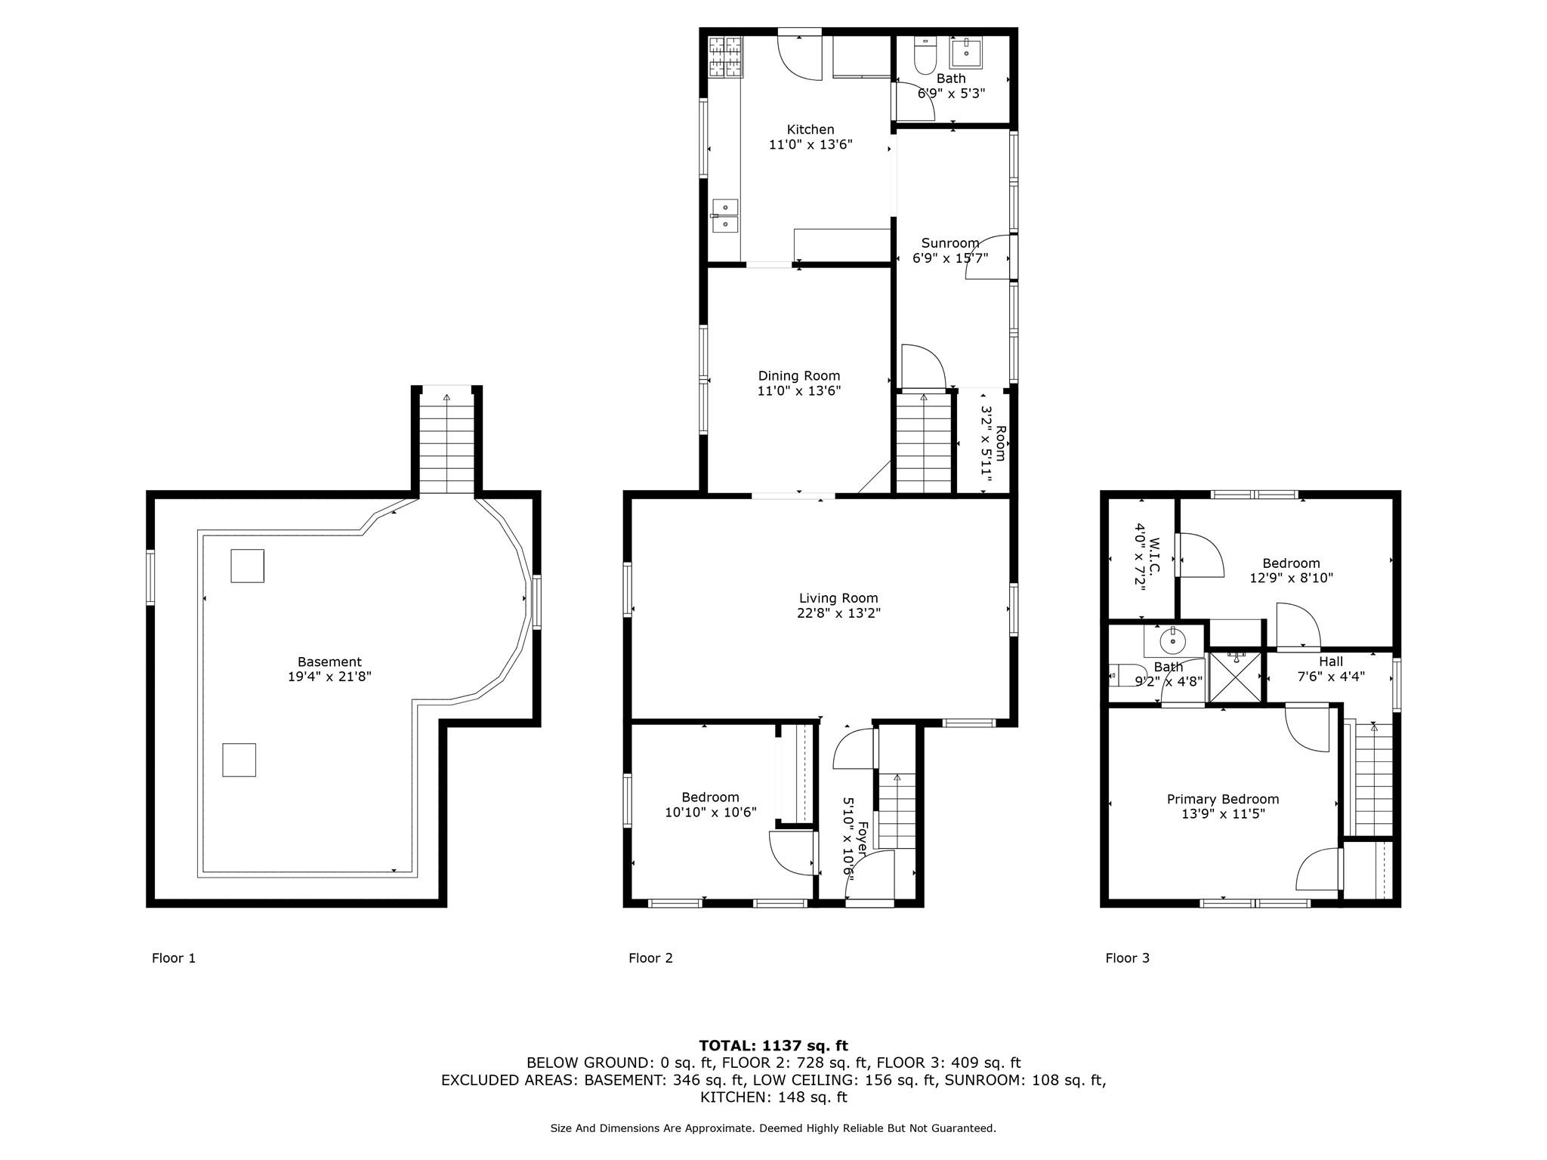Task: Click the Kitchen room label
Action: [x=811, y=130]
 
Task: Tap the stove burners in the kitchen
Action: [x=724, y=57]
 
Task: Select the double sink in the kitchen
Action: [x=725, y=215]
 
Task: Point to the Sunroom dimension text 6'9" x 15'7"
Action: [x=950, y=258]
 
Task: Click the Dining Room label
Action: [x=799, y=376]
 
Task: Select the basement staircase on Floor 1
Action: [x=447, y=446]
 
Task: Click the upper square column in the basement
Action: [x=247, y=566]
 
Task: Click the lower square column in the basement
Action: [x=239, y=760]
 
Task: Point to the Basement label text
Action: [x=329, y=662]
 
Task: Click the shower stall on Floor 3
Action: [x=1234, y=677]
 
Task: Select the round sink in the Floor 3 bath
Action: [x=1172, y=643]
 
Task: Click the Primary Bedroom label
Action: [x=1223, y=799]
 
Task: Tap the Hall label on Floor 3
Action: [x=1331, y=662]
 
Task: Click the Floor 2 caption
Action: [x=650, y=958]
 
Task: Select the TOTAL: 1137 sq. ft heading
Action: [x=773, y=1045]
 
